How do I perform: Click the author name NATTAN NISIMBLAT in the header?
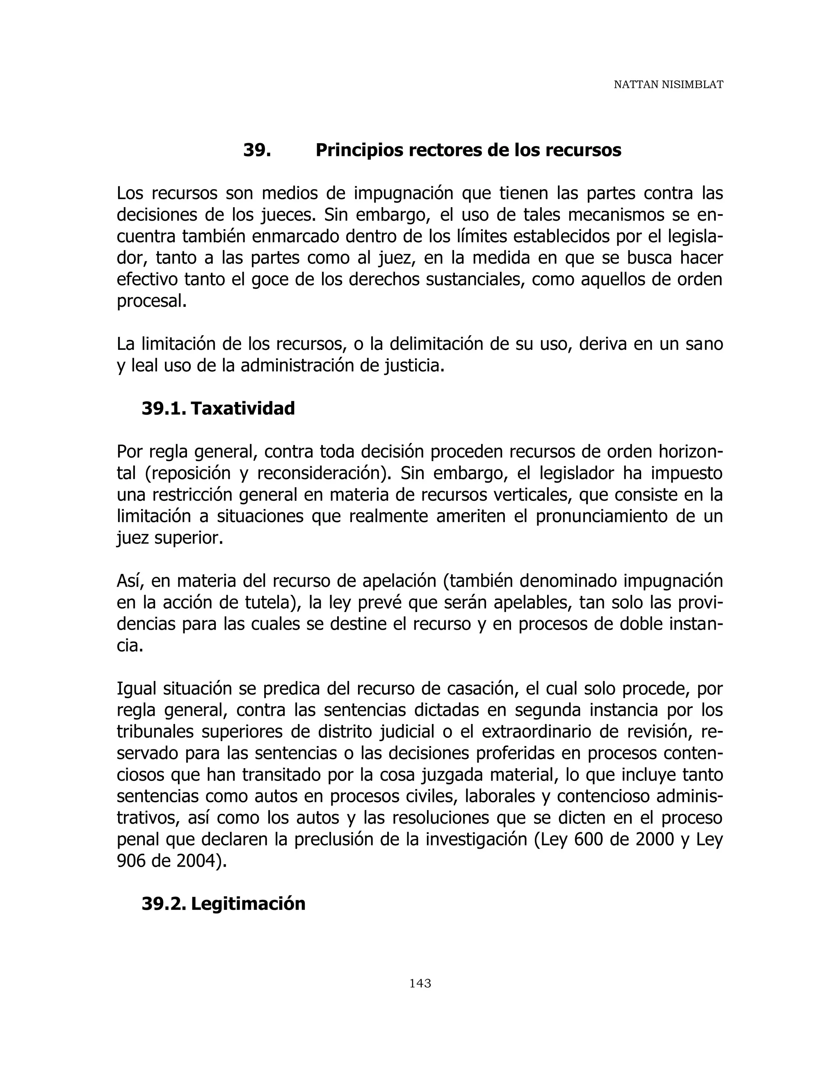pyautogui.click(x=668, y=85)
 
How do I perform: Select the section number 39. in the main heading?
pyautogui.click(x=257, y=150)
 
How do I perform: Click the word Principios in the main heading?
pyautogui.click(x=360, y=150)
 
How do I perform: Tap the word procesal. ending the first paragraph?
pyautogui.click(x=152, y=301)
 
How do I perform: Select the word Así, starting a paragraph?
pyautogui.click(x=131, y=581)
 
